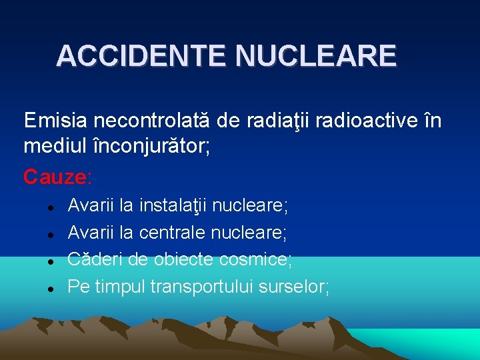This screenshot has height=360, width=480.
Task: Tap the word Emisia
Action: (55, 121)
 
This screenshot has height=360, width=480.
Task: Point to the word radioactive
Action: (357, 121)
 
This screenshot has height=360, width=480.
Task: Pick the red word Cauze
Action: (55, 177)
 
